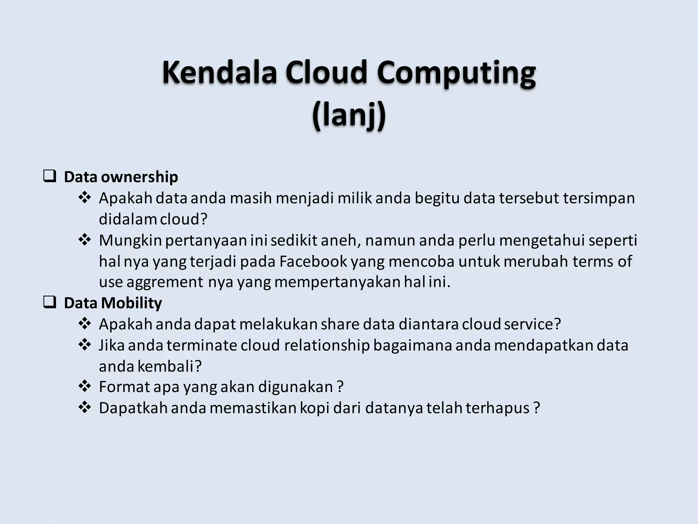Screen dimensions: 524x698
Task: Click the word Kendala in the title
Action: [x=219, y=72]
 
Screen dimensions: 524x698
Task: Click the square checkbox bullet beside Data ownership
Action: [x=50, y=177]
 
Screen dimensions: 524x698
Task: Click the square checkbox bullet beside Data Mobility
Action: [x=50, y=303]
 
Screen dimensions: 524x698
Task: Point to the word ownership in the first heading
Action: [x=139, y=177]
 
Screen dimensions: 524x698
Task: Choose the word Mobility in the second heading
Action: [x=131, y=303]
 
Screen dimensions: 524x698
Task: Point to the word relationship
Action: [x=327, y=345]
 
